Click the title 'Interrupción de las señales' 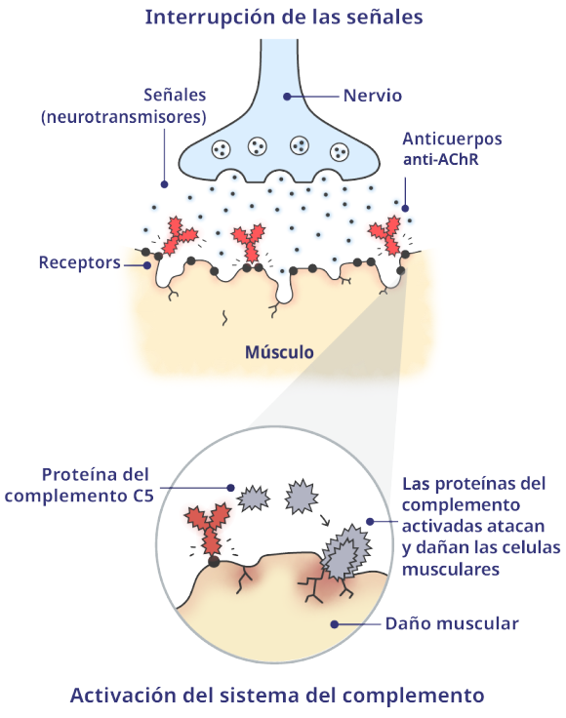tap(283, 17)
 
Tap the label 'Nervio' tap(373, 96)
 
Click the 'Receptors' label tap(79, 262)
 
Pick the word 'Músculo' tap(279, 351)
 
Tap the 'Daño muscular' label tap(452, 622)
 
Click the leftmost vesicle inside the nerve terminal tap(221, 149)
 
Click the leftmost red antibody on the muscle tap(178, 237)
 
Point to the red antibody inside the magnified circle tap(208, 527)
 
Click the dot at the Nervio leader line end tap(287, 96)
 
